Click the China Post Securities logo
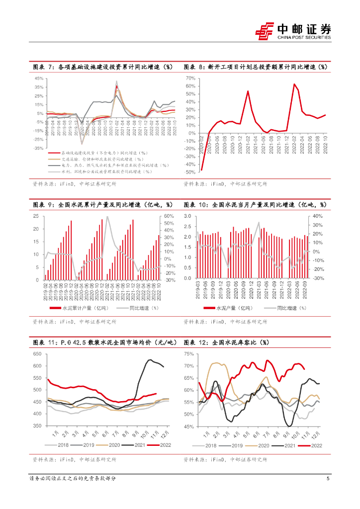pyautogui.click(x=293, y=31)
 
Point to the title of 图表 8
pyautogui.click(x=256, y=67)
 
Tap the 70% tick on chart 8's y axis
pyautogui.click(x=189, y=79)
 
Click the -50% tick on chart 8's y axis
pyautogui.click(x=189, y=172)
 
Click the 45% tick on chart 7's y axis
pyautogui.click(x=39, y=79)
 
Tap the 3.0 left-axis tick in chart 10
pyautogui.click(x=188, y=216)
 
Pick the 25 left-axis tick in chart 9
pyautogui.click(x=36, y=216)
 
